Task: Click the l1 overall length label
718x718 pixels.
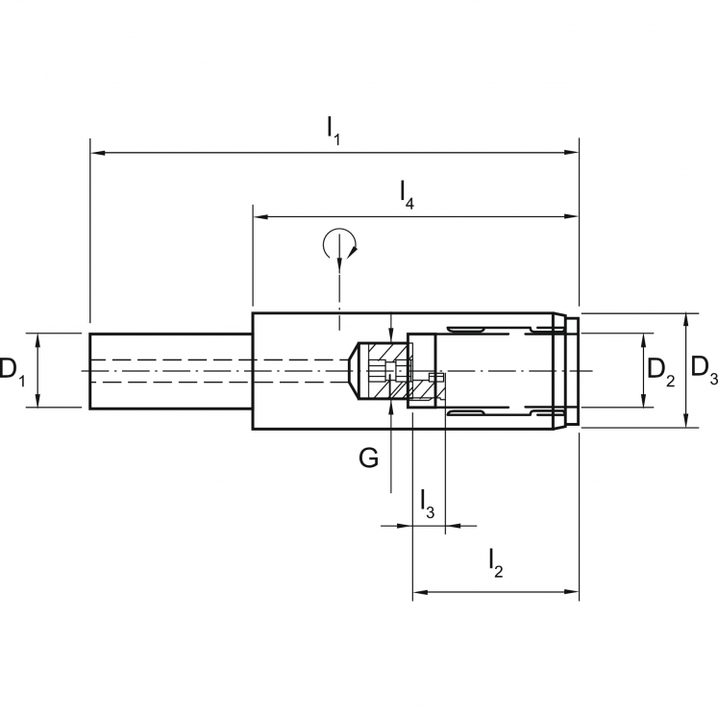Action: click(x=333, y=128)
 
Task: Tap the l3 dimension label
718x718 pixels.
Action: click(x=427, y=502)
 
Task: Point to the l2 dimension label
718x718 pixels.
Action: click(x=494, y=563)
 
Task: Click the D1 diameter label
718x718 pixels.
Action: click(x=12, y=370)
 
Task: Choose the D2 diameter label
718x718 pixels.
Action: click(x=660, y=370)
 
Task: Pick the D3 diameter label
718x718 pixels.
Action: click(x=705, y=370)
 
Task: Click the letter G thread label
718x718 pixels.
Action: click(x=368, y=458)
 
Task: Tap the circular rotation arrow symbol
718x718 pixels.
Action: click(x=338, y=243)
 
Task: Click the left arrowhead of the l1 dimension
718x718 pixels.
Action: click(x=97, y=152)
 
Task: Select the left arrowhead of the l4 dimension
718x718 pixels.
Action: click(x=260, y=217)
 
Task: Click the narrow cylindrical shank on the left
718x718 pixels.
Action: click(x=169, y=370)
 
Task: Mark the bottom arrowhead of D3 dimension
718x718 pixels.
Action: click(x=686, y=422)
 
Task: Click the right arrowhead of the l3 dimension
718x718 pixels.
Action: click(x=452, y=526)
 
